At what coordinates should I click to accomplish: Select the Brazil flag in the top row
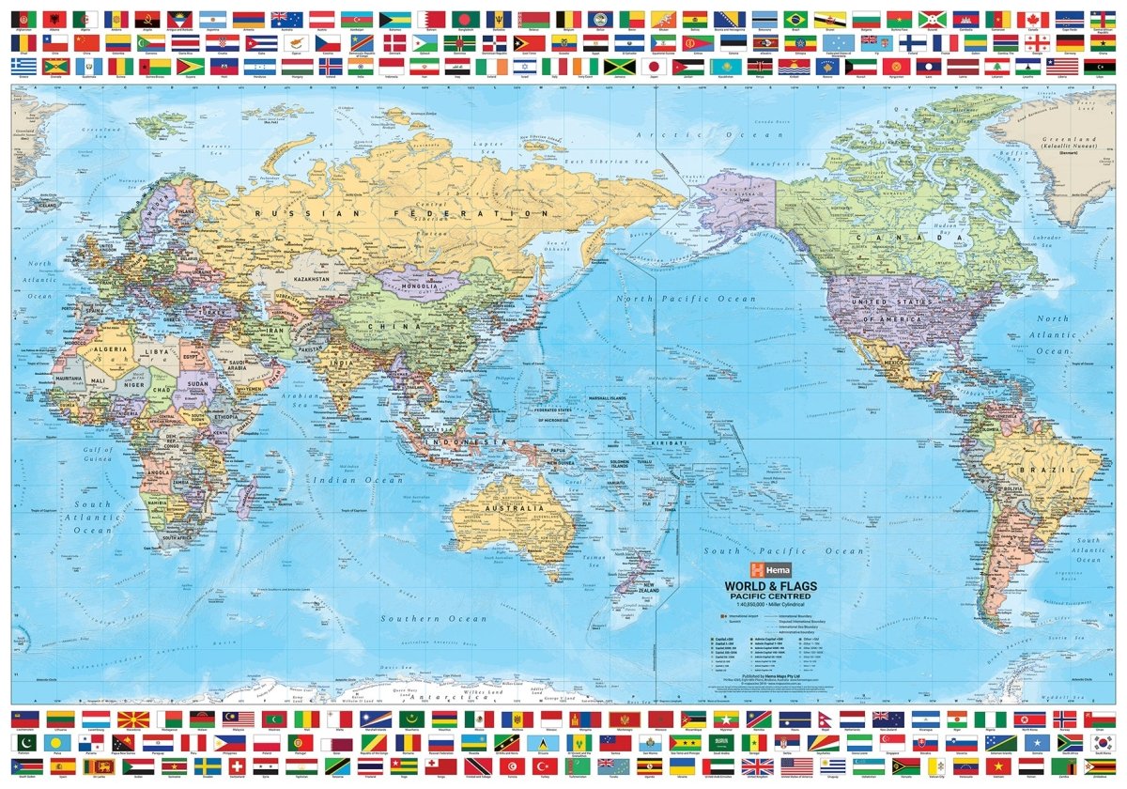click(x=795, y=19)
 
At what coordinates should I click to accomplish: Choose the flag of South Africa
click(x=1070, y=743)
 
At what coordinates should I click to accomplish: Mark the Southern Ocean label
click(x=434, y=619)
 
